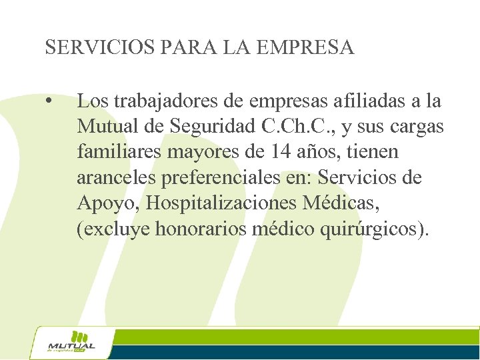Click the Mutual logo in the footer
click(72, 343)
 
